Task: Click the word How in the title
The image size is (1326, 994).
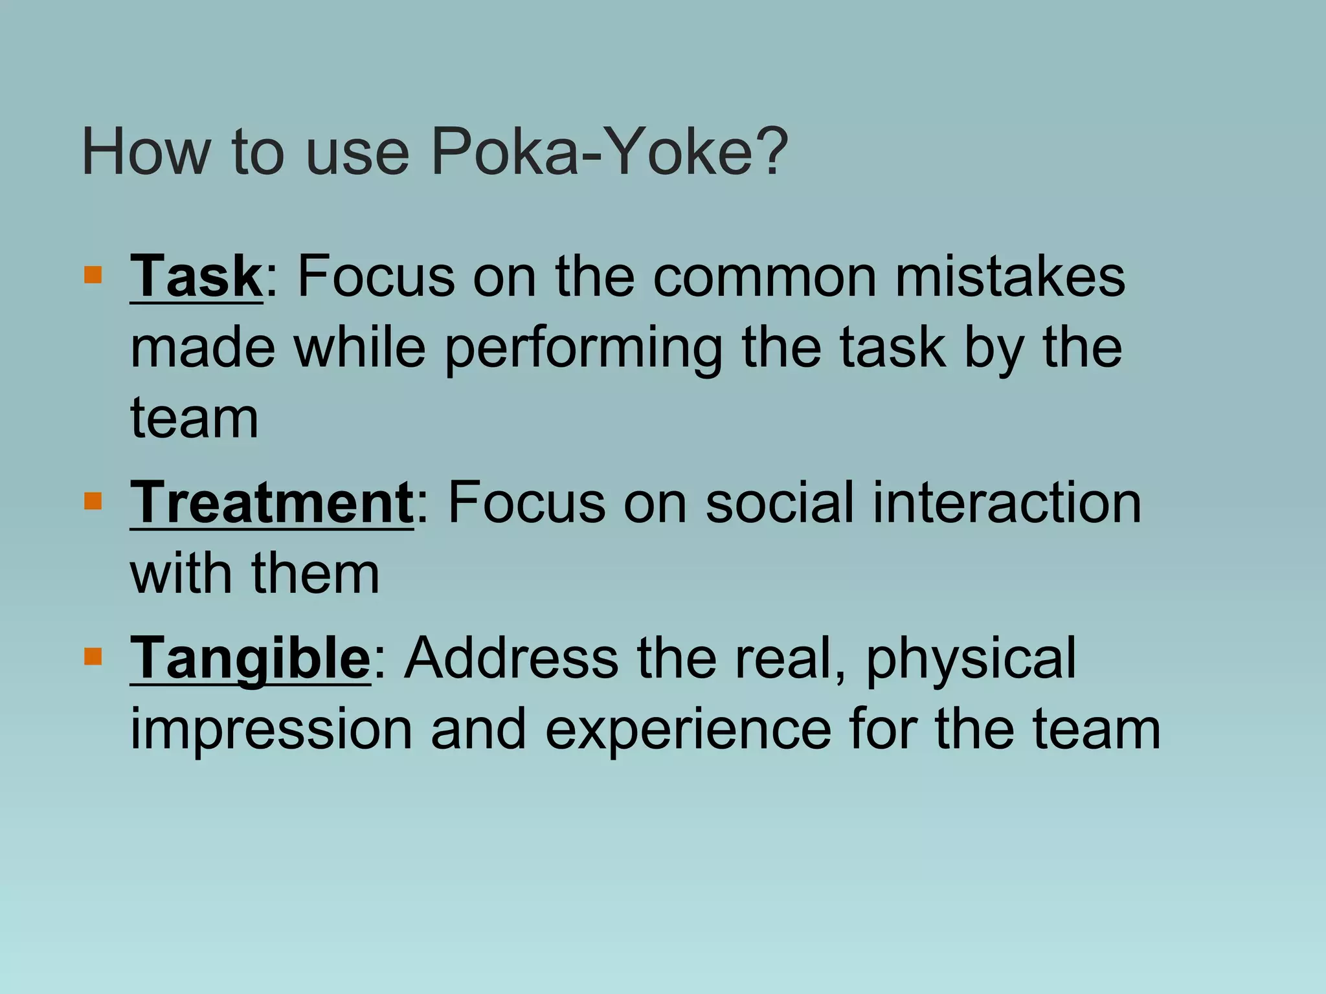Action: point(146,153)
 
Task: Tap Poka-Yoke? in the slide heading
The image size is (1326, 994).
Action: point(609,153)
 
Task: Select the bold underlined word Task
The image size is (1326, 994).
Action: point(196,276)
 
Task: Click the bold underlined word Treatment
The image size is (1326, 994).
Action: point(272,503)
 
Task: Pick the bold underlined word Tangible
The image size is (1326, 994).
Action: point(251,658)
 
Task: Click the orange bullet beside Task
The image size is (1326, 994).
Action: point(93,275)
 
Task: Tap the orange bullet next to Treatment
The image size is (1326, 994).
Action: point(93,501)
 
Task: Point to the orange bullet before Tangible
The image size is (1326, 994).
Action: point(93,657)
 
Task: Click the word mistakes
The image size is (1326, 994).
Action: point(1010,276)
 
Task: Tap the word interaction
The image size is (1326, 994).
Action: point(1007,503)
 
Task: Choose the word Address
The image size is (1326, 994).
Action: point(511,658)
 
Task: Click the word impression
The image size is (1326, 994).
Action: point(271,729)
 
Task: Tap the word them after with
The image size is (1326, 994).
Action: point(315,574)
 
